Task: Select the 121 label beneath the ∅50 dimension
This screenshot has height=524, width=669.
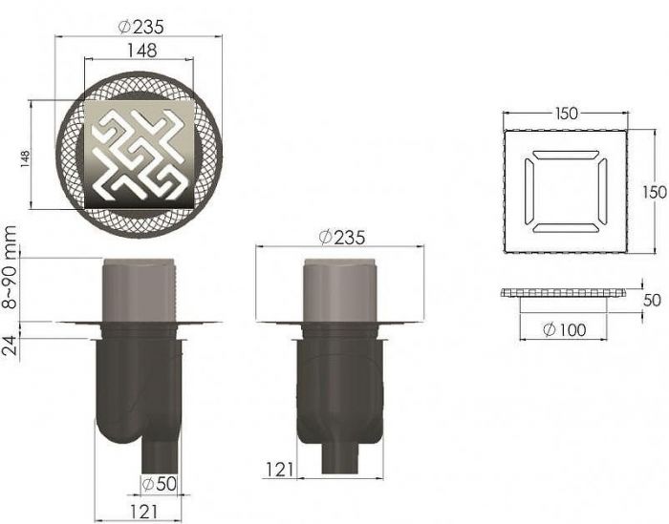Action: coord(140,513)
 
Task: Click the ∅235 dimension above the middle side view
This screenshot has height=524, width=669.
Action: coord(341,236)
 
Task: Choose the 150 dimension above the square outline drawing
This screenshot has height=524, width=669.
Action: coord(566,113)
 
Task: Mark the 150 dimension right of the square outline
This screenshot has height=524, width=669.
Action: coord(654,191)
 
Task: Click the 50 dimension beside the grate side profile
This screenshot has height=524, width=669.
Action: coord(653,300)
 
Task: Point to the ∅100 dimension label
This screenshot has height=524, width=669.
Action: coord(564,330)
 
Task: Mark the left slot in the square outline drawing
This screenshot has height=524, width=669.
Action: coord(529,191)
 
